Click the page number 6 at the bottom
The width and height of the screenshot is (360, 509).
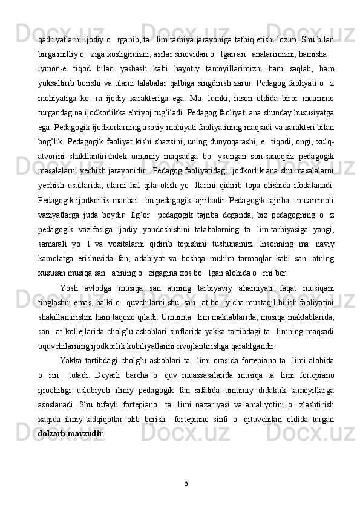pos(186,482)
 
